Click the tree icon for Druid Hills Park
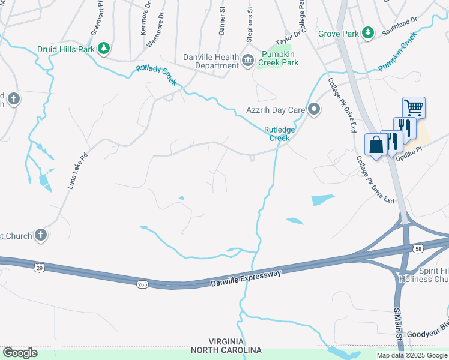click(x=104, y=49)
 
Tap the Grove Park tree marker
click(x=368, y=34)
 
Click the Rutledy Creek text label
click(x=156, y=74)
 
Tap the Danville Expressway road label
click(x=246, y=278)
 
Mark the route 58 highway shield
click(x=418, y=247)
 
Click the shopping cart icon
click(x=414, y=108)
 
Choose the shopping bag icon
click(x=376, y=145)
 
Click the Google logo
click(x=20, y=353)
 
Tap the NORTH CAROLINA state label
click(x=226, y=350)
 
